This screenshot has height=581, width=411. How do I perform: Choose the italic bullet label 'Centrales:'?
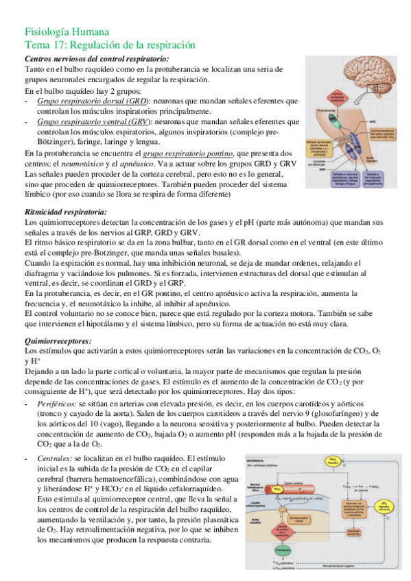(x=56, y=457)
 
